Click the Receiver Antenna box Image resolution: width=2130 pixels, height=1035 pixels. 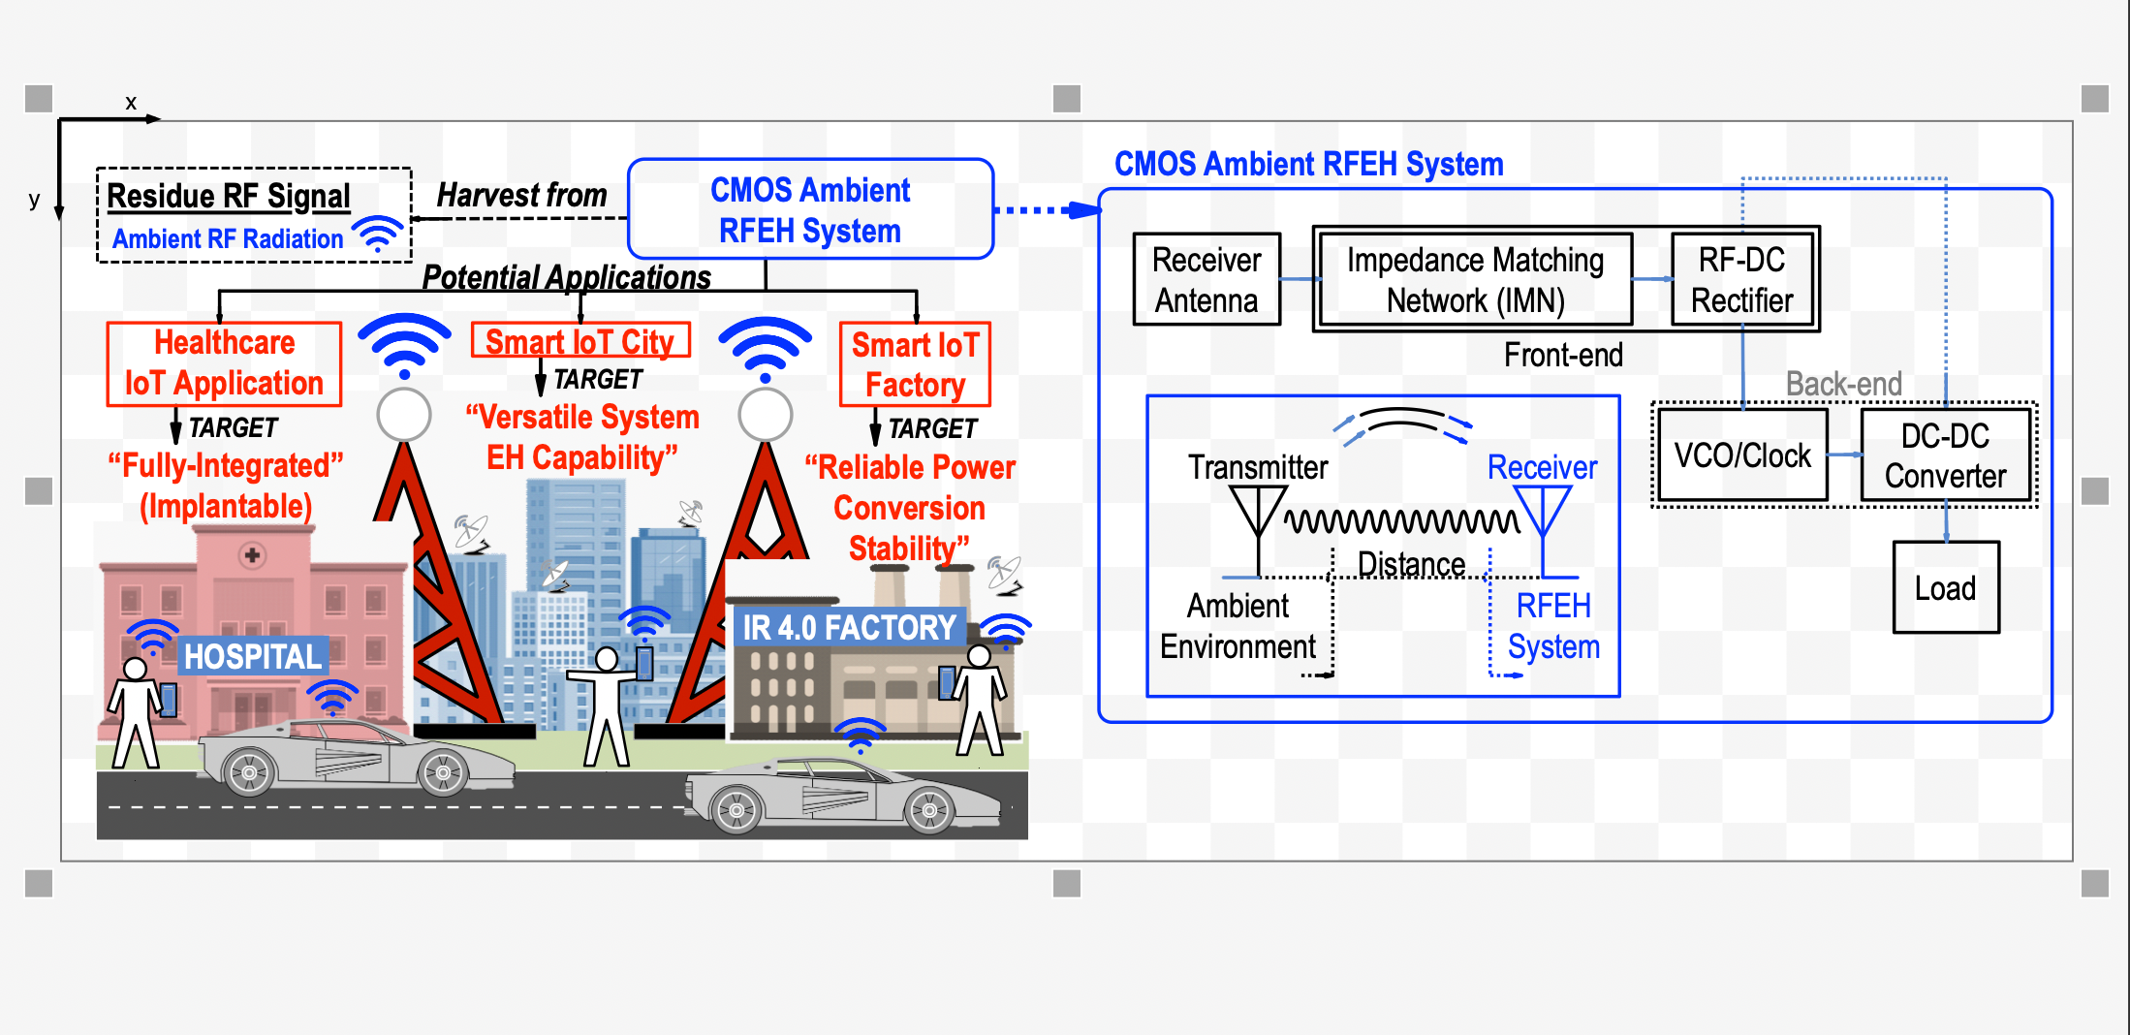[1206, 279]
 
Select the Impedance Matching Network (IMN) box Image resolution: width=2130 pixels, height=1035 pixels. [1475, 279]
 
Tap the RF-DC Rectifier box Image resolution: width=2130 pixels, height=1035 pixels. [1741, 279]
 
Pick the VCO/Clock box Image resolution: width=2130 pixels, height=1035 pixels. [1741, 455]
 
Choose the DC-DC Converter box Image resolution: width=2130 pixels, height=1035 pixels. [1945, 455]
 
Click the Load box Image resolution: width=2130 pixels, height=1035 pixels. [1946, 587]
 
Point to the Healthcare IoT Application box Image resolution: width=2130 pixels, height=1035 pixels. [224, 363]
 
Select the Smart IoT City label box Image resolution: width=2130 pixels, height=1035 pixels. [579, 341]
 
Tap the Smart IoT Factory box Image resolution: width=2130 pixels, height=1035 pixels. [915, 364]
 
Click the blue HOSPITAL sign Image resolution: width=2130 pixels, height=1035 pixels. [253, 656]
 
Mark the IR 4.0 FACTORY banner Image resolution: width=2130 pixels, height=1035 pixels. [849, 627]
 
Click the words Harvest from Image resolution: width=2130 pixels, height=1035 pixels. [521, 195]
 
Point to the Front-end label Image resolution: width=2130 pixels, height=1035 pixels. [1563, 355]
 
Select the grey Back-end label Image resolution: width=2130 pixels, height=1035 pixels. [1843, 384]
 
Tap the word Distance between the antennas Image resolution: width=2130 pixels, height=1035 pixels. [1411, 563]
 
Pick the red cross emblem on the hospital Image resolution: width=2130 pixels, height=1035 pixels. [252, 555]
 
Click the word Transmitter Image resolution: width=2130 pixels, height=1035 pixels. [1258, 467]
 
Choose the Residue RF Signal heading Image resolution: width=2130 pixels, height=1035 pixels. [229, 196]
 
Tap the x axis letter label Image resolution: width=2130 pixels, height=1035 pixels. [131, 103]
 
